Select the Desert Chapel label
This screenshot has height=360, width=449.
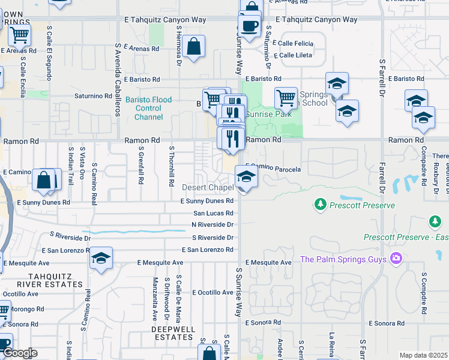208,188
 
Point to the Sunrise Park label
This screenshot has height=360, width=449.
269,114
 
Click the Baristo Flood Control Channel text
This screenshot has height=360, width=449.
149,109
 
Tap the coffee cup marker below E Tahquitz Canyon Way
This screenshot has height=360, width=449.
249,25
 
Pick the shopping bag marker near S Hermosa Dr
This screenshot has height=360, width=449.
194,46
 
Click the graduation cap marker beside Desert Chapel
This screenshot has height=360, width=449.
246,177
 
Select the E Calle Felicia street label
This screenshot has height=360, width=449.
295,43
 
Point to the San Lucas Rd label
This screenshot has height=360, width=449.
213,213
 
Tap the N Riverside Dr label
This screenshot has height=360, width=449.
212,224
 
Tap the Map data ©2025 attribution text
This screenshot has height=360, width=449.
423,355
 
